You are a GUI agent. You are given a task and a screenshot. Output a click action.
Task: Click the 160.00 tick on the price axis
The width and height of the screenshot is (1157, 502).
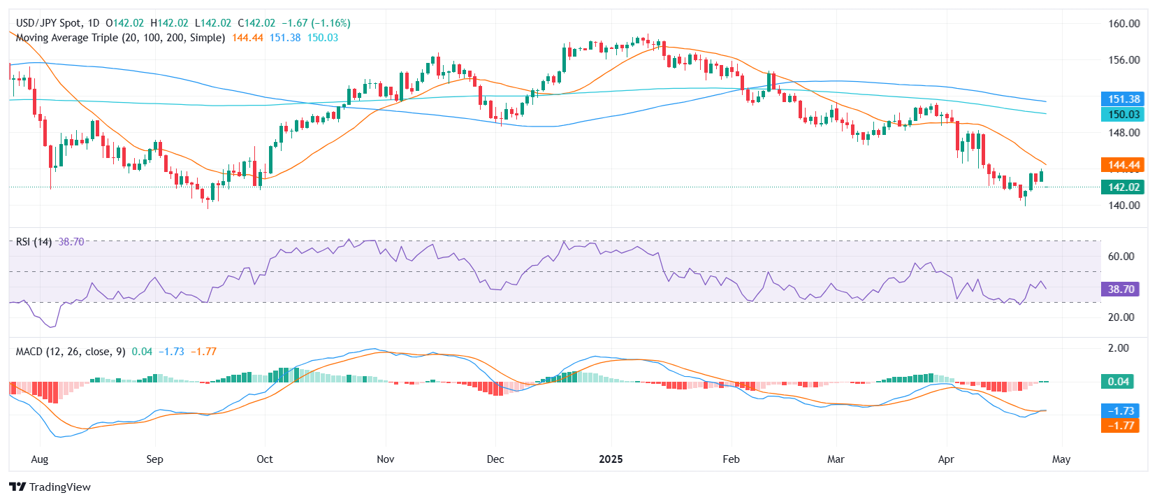point(1123,23)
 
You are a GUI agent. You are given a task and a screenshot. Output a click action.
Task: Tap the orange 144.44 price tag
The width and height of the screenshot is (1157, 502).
point(1122,165)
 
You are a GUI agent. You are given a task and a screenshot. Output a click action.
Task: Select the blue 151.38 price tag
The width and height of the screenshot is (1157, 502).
point(1122,99)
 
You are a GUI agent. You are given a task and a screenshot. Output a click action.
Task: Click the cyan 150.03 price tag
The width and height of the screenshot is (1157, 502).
point(1122,114)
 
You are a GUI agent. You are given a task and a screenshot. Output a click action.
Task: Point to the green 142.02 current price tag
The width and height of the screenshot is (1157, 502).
point(1122,187)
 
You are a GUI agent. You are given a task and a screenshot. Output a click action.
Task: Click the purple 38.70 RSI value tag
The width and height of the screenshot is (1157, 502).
point(1120,289)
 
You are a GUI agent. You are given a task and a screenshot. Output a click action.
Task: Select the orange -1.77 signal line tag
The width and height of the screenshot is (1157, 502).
point(1120,425)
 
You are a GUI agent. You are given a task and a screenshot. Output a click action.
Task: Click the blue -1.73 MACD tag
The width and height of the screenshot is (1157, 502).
point(1120,410)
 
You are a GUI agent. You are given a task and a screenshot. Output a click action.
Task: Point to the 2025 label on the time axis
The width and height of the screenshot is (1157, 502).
point(611,459)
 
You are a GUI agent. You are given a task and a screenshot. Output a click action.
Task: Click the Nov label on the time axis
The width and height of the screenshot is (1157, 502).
point(385,459)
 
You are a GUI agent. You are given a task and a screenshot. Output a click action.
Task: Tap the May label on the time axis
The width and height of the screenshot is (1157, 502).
point(1061,459)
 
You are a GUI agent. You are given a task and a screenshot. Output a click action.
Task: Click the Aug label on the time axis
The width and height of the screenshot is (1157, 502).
point(40,459)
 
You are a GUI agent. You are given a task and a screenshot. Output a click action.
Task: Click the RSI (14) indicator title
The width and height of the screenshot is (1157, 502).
point(34,241)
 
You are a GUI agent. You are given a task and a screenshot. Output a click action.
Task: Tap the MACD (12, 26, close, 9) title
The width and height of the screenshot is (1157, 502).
point(71,351)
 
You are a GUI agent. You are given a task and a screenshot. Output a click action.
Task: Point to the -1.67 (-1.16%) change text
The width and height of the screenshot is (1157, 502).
point(319,23)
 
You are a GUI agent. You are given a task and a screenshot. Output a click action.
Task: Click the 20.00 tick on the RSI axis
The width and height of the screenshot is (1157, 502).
point(1121,317)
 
